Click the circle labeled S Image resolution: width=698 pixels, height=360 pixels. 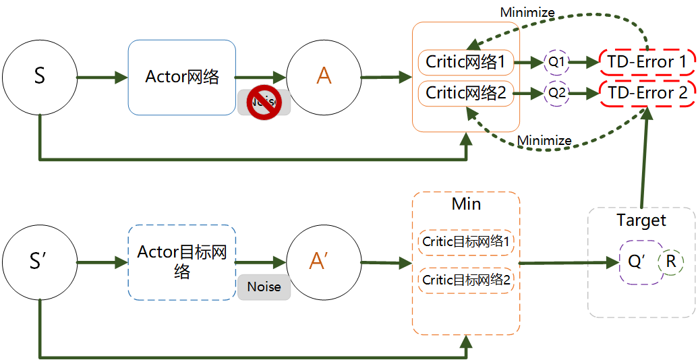39,76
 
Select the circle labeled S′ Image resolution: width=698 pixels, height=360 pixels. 39,262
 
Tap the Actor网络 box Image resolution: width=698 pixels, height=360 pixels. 182,77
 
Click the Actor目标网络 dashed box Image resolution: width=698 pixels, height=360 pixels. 182,262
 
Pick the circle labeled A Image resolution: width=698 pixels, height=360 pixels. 324,76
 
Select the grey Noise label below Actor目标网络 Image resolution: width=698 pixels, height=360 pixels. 264,287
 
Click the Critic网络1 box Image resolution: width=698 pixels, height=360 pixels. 466,63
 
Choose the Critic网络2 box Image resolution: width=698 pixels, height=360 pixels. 466,93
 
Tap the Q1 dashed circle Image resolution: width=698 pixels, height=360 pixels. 556,62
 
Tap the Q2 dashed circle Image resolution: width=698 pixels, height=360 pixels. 556,93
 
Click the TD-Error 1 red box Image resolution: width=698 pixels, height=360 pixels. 646,62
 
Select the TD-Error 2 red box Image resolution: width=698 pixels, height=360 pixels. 646,93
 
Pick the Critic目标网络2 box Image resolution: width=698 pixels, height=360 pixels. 466,280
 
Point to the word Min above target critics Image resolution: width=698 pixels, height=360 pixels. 466,204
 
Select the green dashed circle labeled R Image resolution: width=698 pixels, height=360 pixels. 671,262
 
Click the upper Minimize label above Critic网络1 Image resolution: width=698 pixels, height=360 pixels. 527,12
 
